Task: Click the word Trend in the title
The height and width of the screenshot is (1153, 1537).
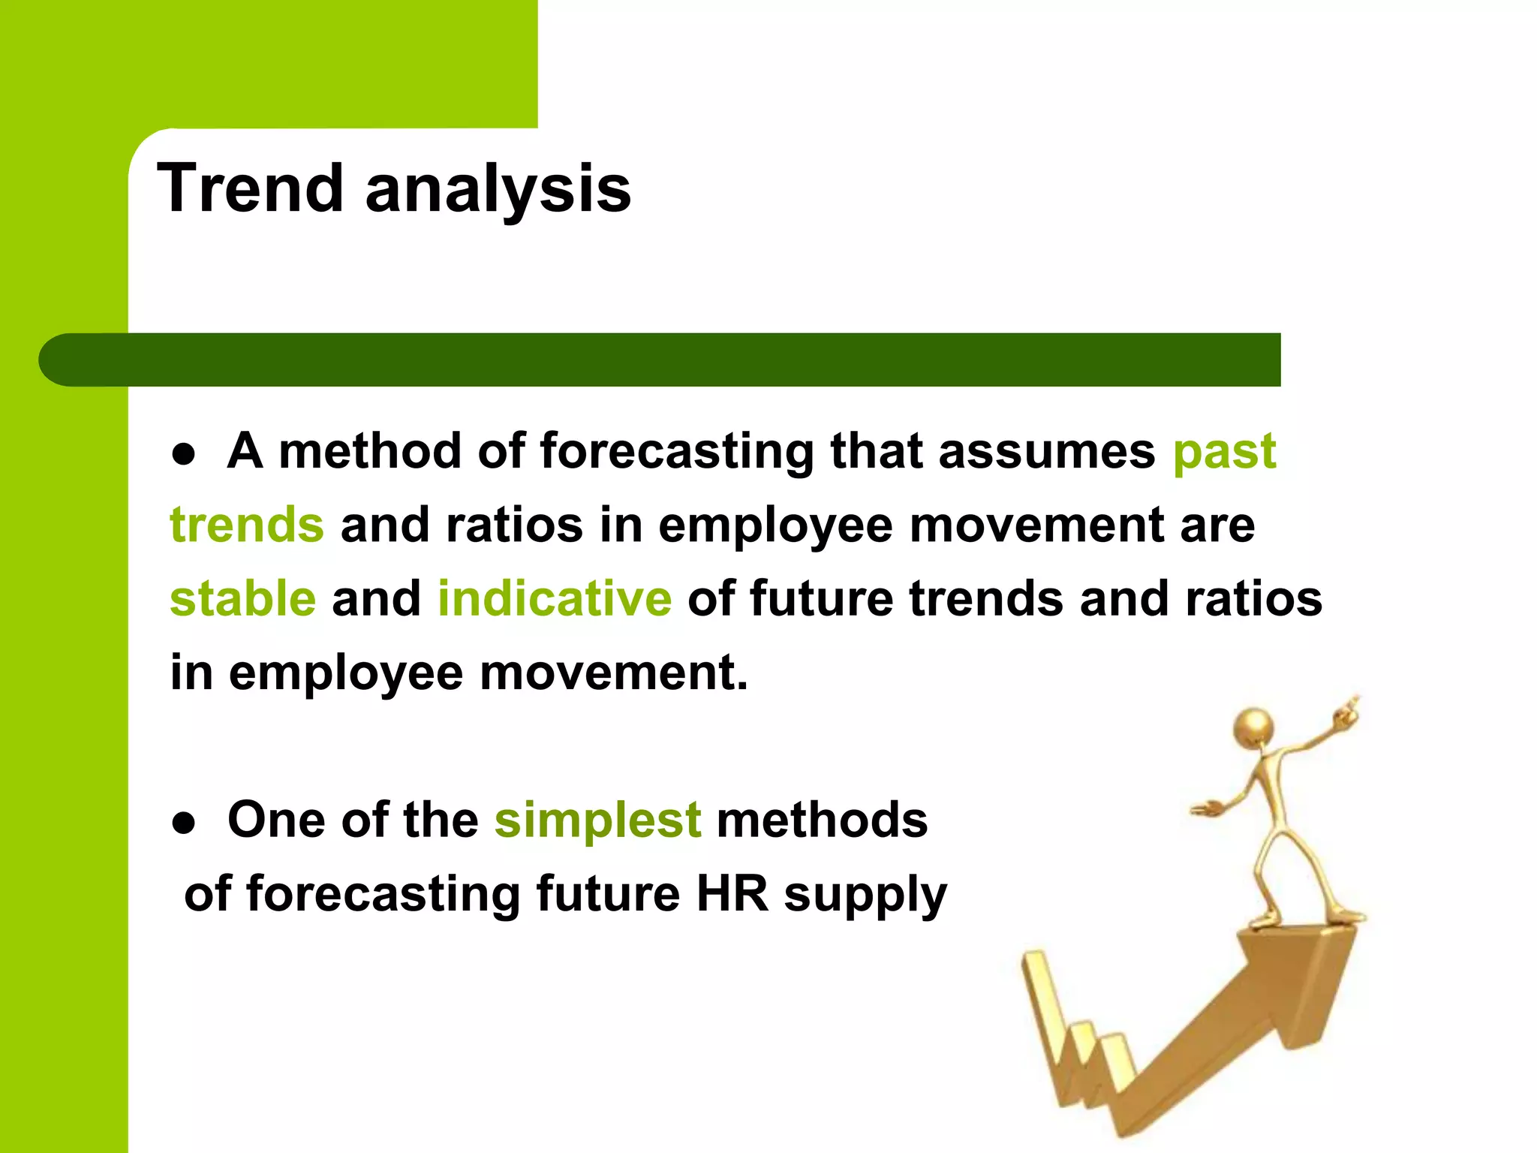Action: click(250, 188)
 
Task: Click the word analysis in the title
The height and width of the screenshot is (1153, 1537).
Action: click(498, 190)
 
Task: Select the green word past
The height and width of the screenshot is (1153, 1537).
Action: click(1224, 453)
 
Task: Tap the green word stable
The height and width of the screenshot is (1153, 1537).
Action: click(243, 599)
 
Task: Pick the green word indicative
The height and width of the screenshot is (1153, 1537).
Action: click(555, 599)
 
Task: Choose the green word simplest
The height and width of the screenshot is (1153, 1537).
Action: click(597, 820)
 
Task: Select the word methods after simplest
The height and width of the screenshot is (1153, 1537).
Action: click(822, 820)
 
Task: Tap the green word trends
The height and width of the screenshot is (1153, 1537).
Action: click(247, 525)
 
